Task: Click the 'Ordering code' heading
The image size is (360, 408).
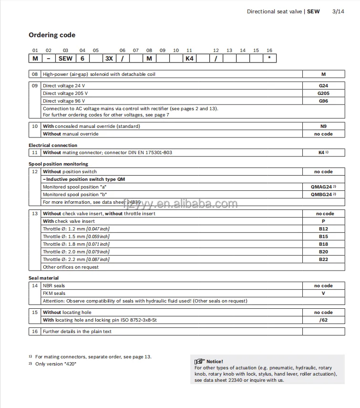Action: (x=52, y=35)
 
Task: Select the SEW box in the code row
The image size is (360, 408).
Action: (x=65, y=59)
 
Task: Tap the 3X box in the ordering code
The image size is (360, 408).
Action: (x=109, y=59)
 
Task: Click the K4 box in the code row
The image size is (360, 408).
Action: (x=189, y=59)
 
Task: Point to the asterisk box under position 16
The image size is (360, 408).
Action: (x=269, y=59)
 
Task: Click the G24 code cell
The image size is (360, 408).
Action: (x=323, y=86)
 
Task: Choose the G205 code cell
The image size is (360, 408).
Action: (x=323, y=94)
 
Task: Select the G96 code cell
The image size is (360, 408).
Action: (x=323, y=101)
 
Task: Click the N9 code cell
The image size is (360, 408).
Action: (x=323, y=126)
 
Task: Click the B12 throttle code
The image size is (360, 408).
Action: (x=323, y=229)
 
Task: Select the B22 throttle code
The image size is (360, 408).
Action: (x=323, y=260)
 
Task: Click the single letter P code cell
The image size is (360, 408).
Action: (x=323, y=221)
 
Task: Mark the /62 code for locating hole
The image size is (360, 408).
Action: (x=323, y=320)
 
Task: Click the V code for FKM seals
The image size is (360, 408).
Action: (x=323, y=293)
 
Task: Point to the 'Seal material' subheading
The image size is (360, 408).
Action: (x=44, y=278)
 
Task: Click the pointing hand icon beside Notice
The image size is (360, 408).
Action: (x=199, y=361)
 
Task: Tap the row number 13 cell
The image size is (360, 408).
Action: (x=35, y=214)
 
